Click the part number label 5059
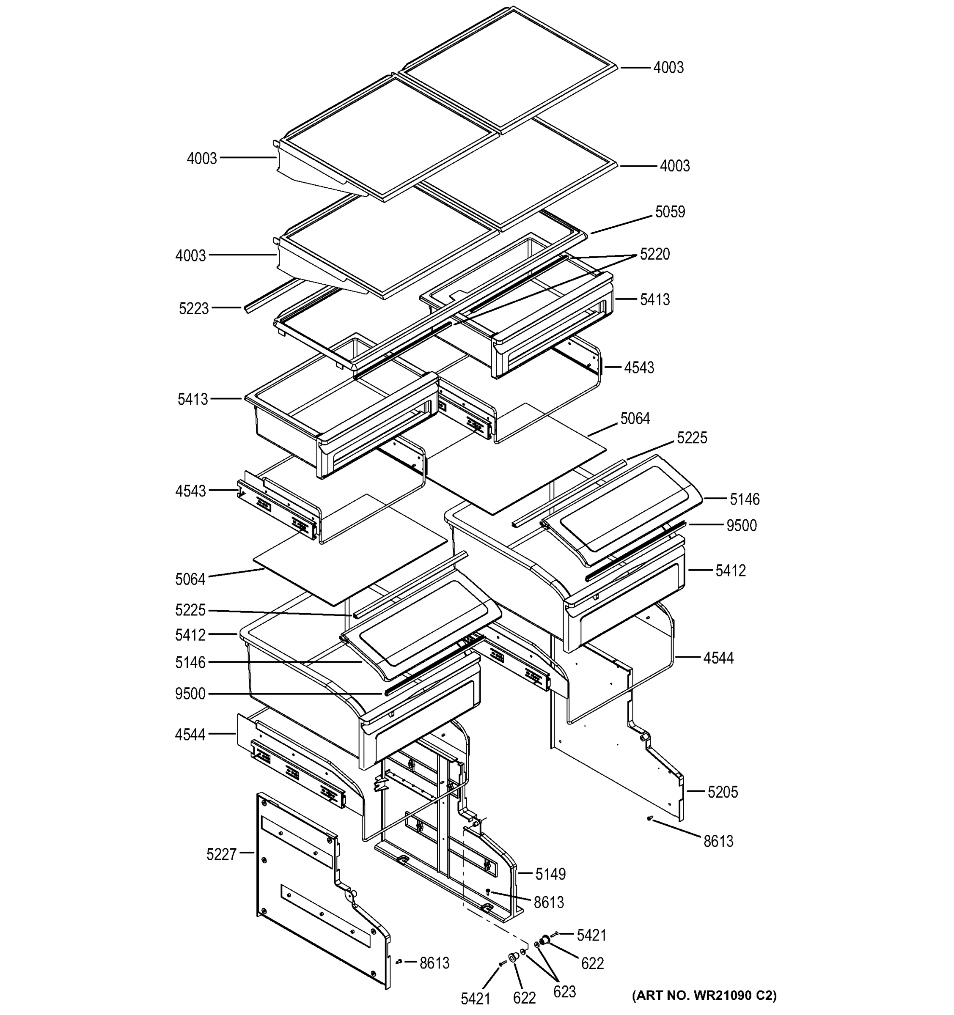pyautogui.click(x=670, y=212)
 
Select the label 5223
pyautogui.click(x=194, y=309)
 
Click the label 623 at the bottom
pyautogui.click(x=564, y=991)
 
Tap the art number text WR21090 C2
pyautogui.click(x=704, y=995)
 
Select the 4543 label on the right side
pyautogui.click(x=638, y=368)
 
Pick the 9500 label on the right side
pyautogui.click(x=741, y=525)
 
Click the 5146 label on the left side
pyautogui.click(x=190, y=663)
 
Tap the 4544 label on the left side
pyautogui.click(x=190, y=735)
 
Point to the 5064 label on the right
pyautogui.click(x=635, y=419)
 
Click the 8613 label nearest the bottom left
pyautogui.click(x=434, y=963)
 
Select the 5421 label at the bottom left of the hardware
pyautogui.click(x=475, y=999)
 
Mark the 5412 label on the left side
pyautogui.click(x=190, y=635)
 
